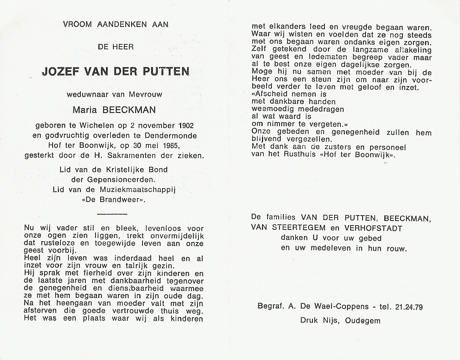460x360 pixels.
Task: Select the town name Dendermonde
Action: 171,136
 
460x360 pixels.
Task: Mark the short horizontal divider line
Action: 112,214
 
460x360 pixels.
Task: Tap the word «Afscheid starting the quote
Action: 270,94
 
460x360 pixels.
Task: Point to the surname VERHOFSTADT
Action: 373,228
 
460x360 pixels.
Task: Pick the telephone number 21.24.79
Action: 409,307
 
